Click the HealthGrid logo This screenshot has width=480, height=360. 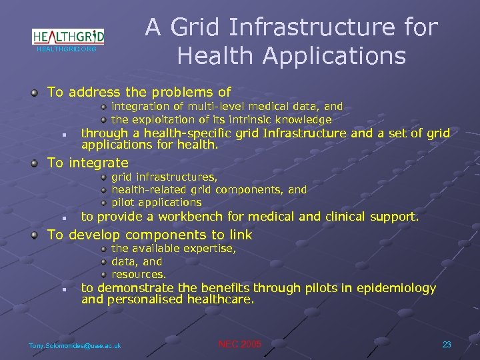coord(68,37)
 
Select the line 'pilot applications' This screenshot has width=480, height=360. coord(156,202)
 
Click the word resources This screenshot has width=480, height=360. coord(139,274)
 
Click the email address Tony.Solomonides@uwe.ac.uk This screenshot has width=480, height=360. coord(75,345)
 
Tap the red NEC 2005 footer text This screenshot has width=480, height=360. coord(240,344)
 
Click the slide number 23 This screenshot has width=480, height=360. coord(447,344)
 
